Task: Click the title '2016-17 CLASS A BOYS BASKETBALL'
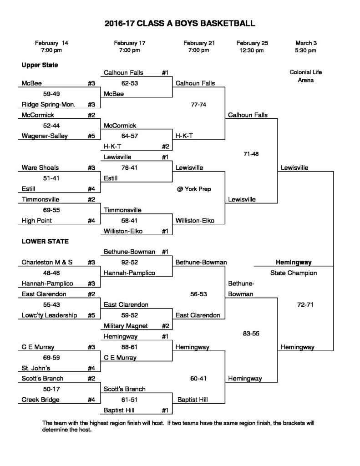180,23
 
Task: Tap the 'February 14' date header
51,43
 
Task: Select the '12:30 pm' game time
252,51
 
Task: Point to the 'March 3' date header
305,43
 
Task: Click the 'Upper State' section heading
40,65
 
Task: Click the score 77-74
199,104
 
